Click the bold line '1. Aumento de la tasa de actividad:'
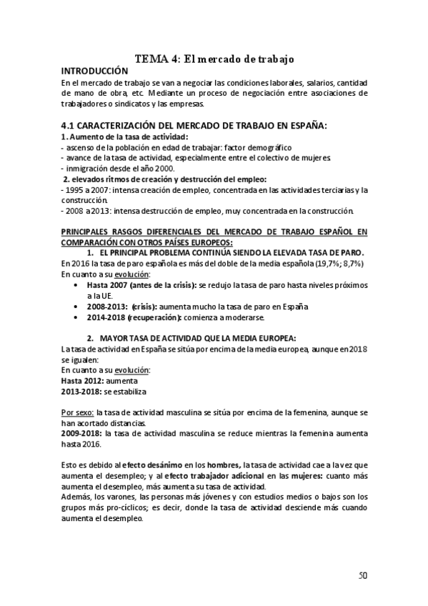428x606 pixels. pos(114,136)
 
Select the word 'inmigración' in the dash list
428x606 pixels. pos(86,168)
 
